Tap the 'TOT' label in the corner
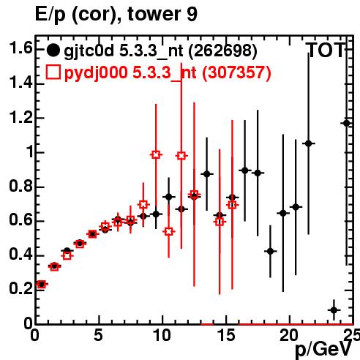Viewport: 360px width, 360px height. click(326, 50)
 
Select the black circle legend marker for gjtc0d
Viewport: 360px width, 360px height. click(53, 50)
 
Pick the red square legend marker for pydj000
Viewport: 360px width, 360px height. click(53, 72)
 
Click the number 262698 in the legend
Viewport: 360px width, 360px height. click(222, 50)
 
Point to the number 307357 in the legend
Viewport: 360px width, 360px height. click(236, 72)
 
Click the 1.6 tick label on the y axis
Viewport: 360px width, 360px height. click(20, 48)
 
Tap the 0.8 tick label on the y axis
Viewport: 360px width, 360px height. click(20, 186)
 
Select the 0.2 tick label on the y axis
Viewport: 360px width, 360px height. click(20, 288)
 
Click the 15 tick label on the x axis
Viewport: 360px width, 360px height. click(226, 335)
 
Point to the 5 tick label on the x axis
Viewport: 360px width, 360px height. click(98, 335)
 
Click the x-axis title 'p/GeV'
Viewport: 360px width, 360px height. click(323, 350)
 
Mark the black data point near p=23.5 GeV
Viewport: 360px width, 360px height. click(334, 310)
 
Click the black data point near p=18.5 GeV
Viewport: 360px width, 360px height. click(270, 251)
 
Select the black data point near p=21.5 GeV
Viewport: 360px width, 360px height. click(309, 143)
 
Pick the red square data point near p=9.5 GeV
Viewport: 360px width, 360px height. click(156, 154)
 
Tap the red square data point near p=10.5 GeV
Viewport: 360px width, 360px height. click(169, 231)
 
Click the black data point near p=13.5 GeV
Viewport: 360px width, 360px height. click(207, 174)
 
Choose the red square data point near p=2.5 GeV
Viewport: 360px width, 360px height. click(67, 255)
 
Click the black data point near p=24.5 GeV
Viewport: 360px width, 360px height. click(347, 123)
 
